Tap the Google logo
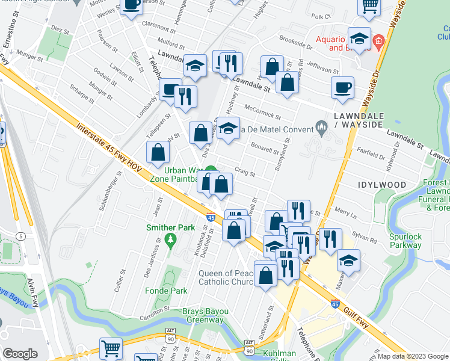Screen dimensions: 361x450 pos(20,353)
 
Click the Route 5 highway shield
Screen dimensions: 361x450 pos(20,219)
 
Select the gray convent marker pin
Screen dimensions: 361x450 pos(321,127)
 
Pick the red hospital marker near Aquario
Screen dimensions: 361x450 pos(378,42)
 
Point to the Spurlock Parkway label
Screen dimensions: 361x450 pos(405,241)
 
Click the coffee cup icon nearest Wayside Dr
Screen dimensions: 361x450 pos(342,87)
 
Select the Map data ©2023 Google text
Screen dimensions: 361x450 pos(412,356)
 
